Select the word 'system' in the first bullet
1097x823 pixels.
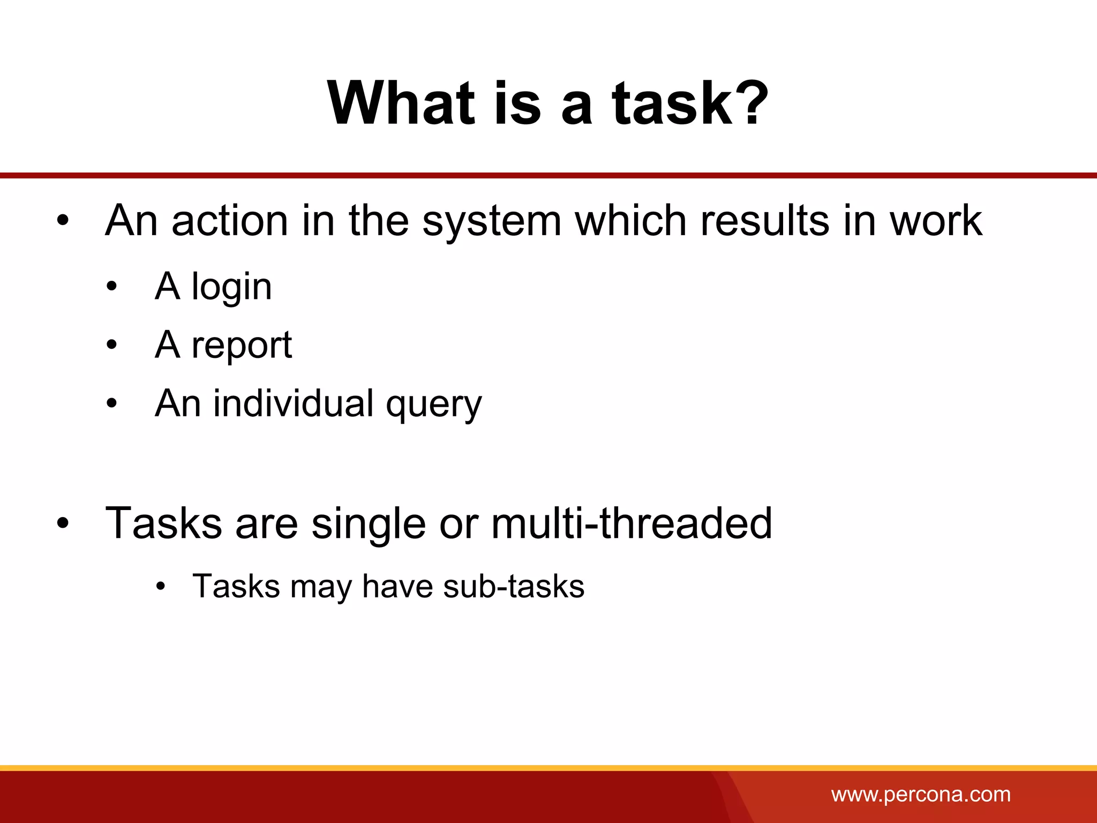492,221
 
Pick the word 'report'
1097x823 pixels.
242,346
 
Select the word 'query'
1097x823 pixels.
434,405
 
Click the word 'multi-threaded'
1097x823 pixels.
632,523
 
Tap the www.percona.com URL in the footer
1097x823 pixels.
921,795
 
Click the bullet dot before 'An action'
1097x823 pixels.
63,221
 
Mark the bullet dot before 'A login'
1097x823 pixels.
111,287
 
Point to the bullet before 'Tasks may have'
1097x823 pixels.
161,587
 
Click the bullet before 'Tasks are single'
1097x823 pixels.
63,524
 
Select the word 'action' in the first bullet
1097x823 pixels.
230,221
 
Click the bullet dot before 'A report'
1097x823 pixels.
111,345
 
